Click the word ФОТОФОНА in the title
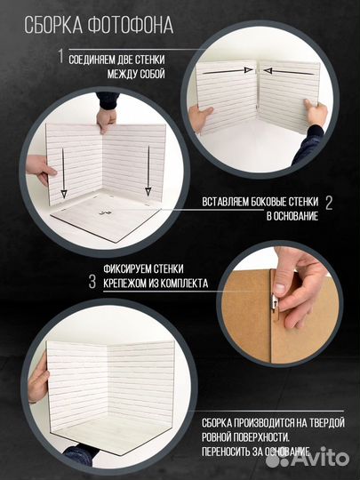point(131,25)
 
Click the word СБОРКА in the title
point(53,25)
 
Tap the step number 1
point(61,56)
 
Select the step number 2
point(329,203)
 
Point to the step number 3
point(92,282)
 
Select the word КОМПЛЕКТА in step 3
point(184,284)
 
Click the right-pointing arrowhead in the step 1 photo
point(248,70)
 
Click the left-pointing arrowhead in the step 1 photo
point(268,71)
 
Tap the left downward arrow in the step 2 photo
point(63,173)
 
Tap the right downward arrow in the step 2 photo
point(148,171)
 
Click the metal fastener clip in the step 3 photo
point(276,302)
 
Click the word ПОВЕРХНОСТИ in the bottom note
point(260,436)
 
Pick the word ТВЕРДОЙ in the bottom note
point(325,423)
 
